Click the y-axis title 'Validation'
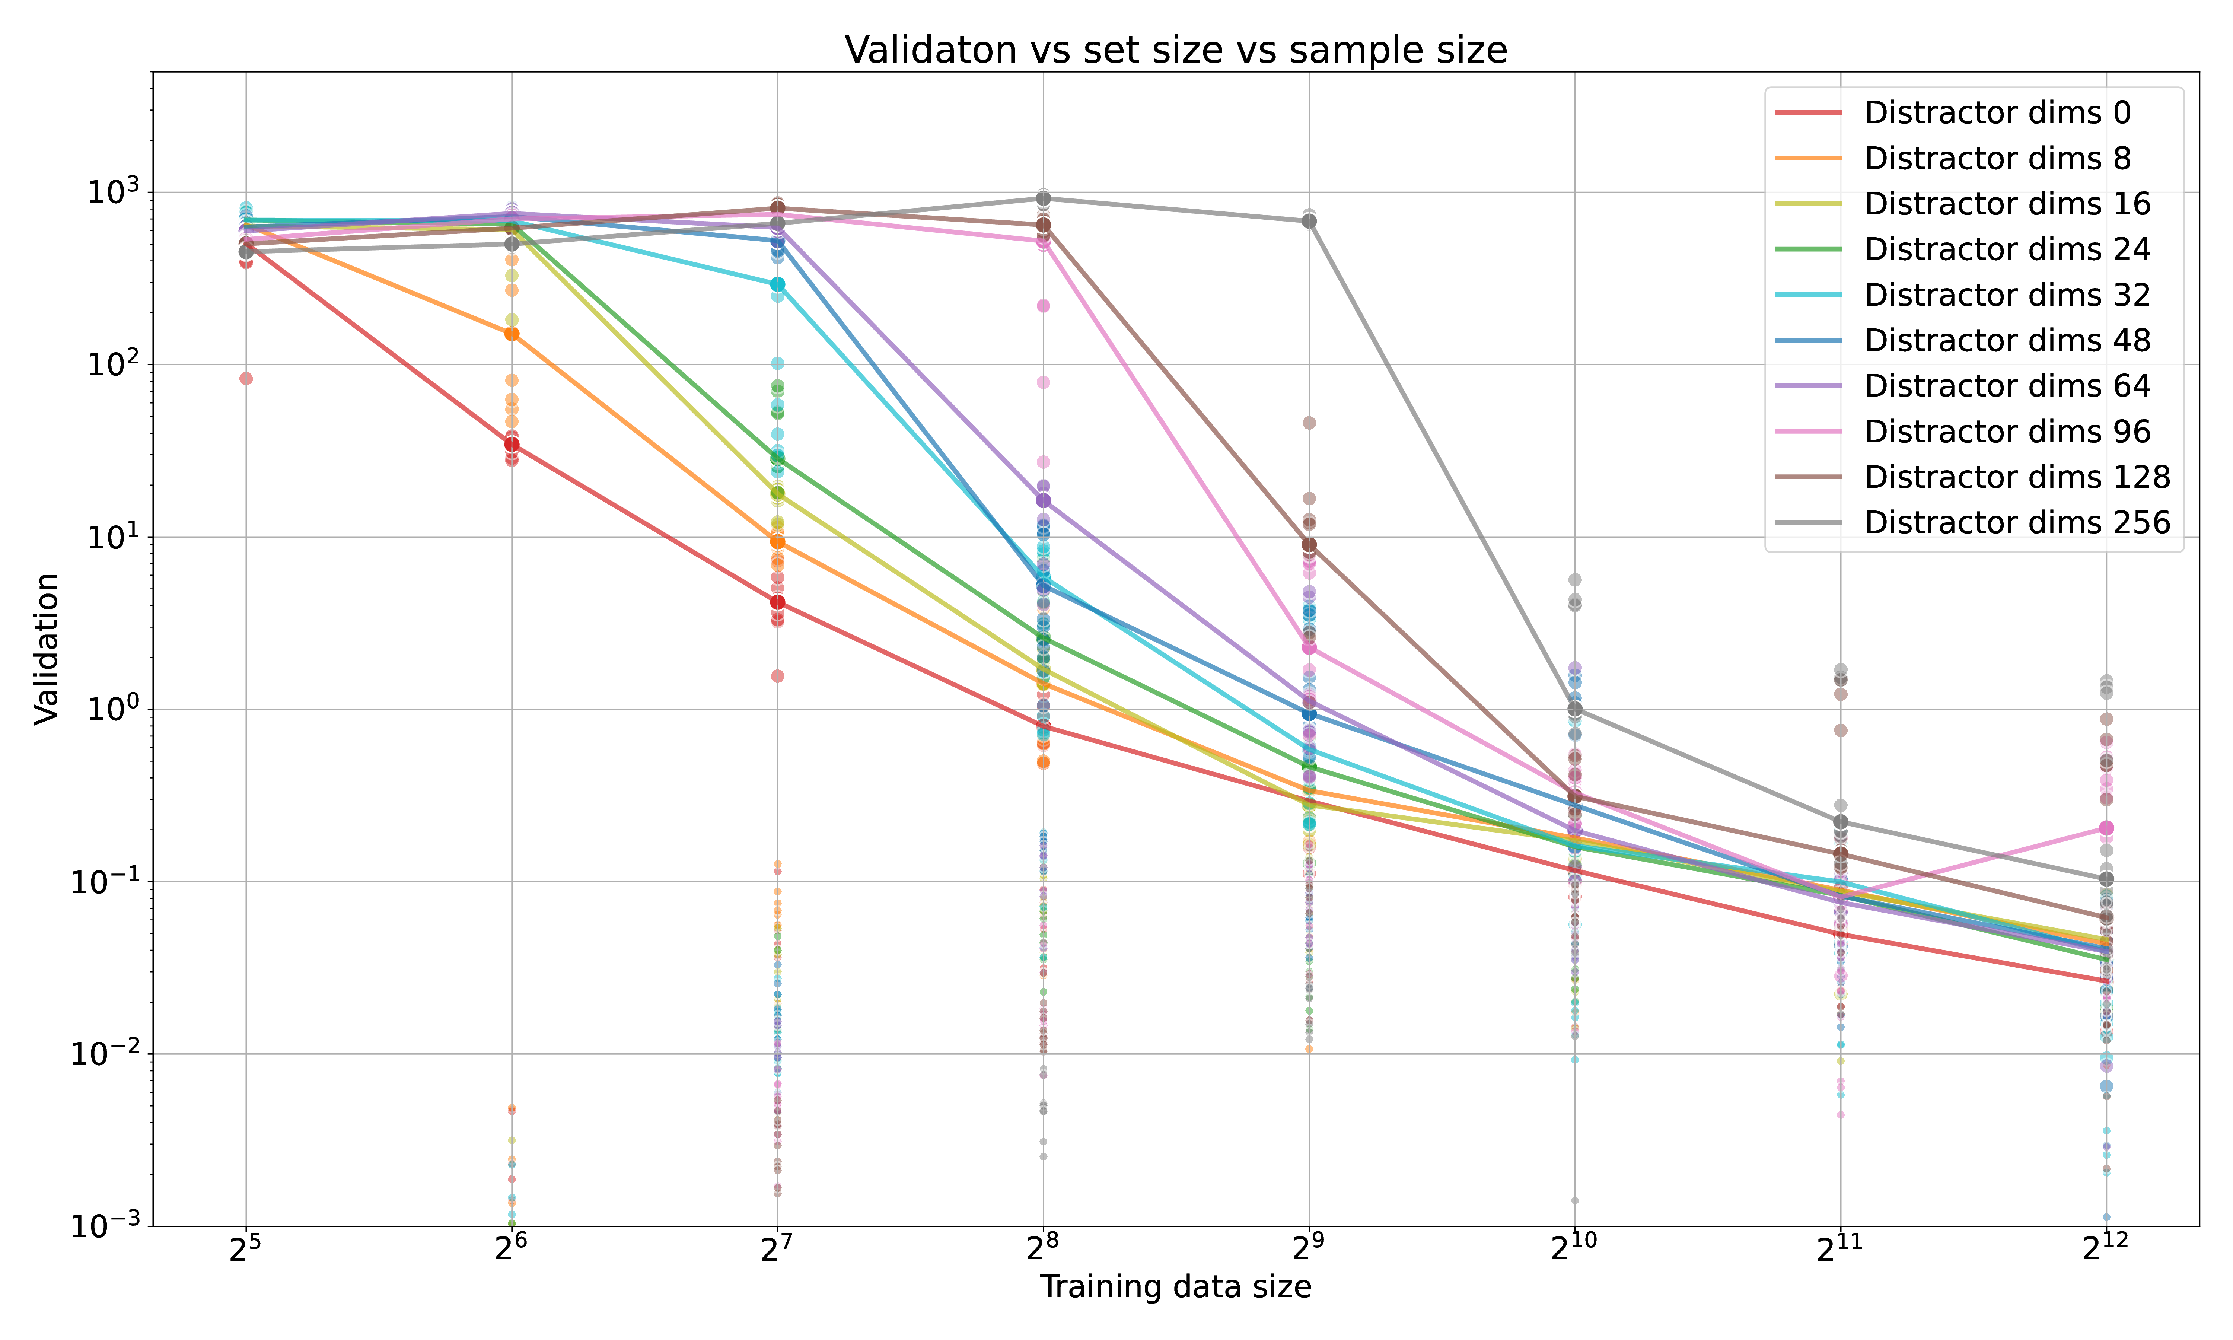pyautogui.click(x=47, y=648)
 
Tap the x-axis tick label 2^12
pyautogui.click(x=2106, y=1249)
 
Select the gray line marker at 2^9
pyautogui.click(x=1309, y=221)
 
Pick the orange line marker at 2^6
pyautogui.click(x=512, y=333)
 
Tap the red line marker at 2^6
pyautogui.click(x=512, y=443)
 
